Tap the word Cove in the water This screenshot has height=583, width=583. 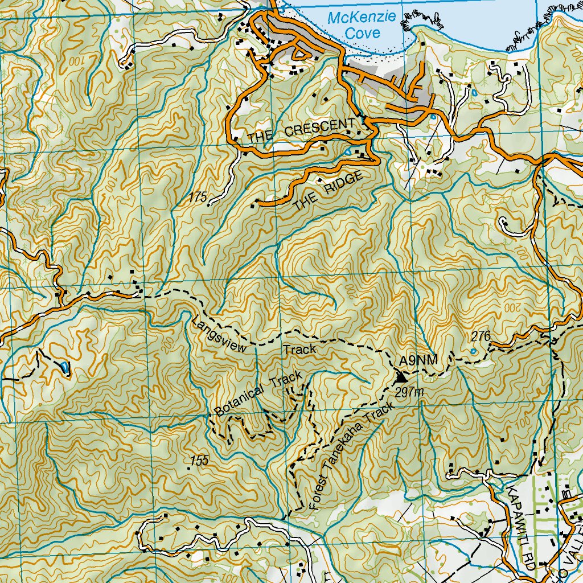363,34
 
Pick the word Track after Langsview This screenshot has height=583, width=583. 299,350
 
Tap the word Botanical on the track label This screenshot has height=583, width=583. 239,400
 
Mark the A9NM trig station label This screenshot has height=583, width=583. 418,360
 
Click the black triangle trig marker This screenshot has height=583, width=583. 401,376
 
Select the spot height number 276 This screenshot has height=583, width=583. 481,336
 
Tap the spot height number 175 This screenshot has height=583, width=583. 198,197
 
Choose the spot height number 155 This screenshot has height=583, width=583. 199,461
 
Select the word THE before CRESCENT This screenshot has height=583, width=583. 260,137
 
